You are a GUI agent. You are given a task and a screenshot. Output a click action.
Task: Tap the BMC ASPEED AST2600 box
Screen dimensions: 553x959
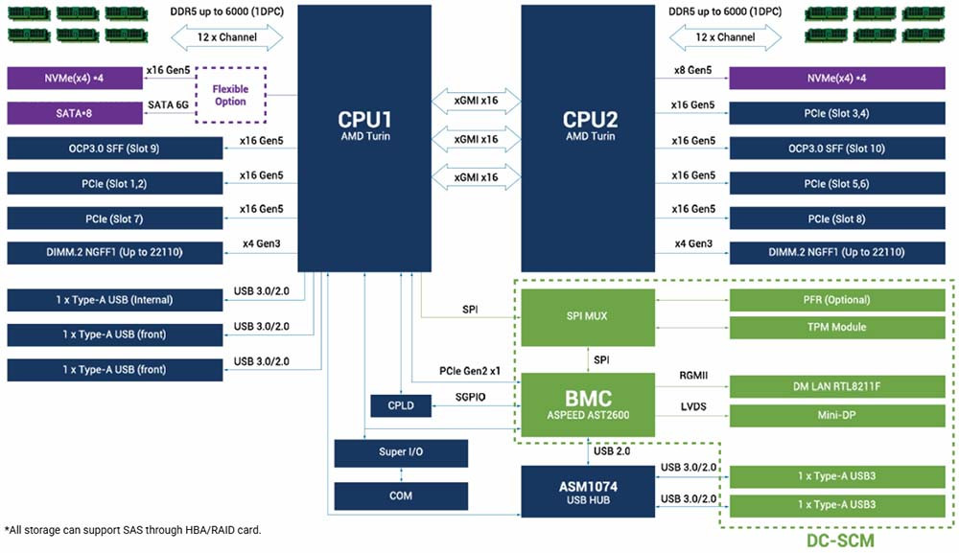589,403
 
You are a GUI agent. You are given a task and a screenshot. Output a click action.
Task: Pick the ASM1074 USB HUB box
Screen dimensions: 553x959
589,492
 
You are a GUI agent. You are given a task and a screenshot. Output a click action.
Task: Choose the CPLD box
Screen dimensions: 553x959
401,404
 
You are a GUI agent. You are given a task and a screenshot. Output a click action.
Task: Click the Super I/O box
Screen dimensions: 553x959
401,452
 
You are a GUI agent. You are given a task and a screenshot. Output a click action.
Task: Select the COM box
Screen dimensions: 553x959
401,495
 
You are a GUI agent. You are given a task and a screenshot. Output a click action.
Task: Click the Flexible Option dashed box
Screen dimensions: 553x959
230,95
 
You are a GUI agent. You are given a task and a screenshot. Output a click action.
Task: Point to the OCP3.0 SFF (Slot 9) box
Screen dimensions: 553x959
113,149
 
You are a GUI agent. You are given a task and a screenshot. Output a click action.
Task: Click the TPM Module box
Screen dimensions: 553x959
836,327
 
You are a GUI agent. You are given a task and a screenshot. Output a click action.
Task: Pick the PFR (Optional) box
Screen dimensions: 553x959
836,300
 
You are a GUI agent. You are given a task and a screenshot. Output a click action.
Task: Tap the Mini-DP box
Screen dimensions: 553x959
836,415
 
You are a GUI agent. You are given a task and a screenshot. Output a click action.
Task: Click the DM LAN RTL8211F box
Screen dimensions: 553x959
836,387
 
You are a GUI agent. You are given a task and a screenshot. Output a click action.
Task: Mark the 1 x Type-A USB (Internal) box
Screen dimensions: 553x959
113,299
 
